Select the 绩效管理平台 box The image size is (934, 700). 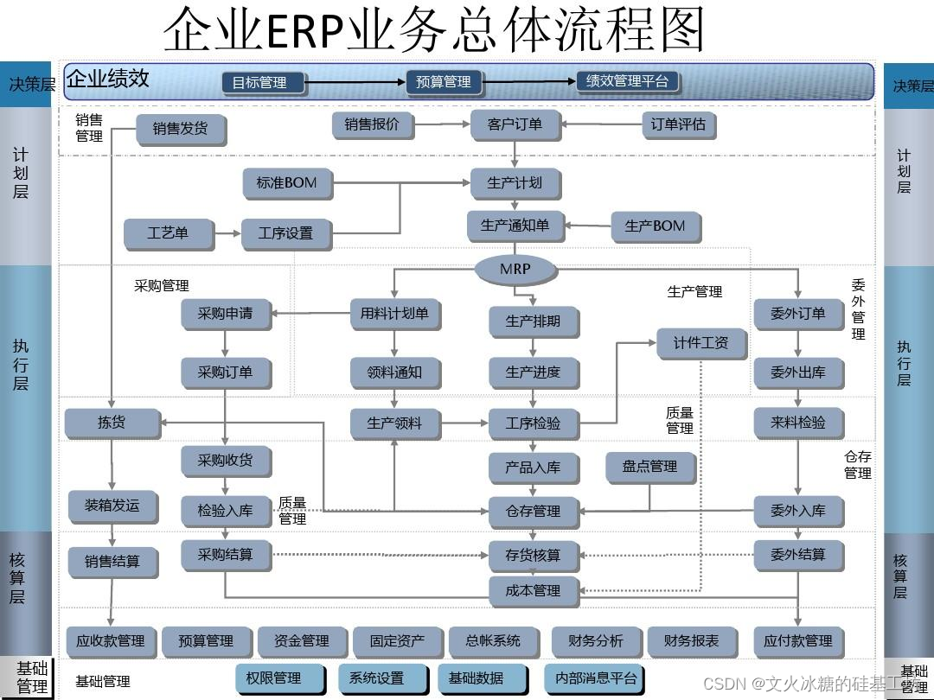[628, 81]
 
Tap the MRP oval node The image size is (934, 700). [515, 269]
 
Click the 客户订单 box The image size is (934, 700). [515, 124]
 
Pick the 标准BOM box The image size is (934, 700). [286, 183]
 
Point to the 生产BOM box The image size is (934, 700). [655, 226]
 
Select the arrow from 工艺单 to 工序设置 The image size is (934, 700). [227, 233]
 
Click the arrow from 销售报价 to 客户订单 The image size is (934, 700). [441, 125]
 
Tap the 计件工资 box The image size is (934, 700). [700, 343]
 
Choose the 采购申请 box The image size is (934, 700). [225, 314]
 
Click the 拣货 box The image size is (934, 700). [112, 423]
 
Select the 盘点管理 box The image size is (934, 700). [650, 467]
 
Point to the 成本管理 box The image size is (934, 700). [533, 591]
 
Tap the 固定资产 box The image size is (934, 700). [397, 641]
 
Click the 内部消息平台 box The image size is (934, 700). [596, 678]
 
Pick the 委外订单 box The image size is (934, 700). [797, 314]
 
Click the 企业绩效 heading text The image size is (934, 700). [108, 80]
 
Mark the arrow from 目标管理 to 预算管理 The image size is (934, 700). [356, 83]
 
